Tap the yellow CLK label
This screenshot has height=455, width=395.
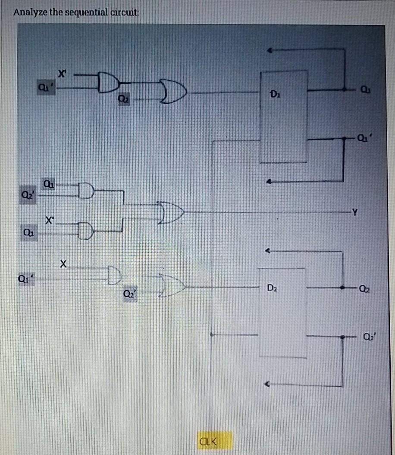[x=208, y=441]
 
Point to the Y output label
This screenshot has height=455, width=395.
[x=355, y=212]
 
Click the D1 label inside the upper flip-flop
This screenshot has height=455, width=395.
[x=275, y=93]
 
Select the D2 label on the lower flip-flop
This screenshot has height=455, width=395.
[x=271, y=287]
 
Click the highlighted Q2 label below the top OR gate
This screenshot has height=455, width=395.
[x=123, y=100]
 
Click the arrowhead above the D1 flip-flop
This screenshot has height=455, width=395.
[x=270, y=50]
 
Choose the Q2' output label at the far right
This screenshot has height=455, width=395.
[x=368, y=336]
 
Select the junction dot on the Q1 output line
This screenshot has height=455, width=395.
[x=344, y=90]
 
